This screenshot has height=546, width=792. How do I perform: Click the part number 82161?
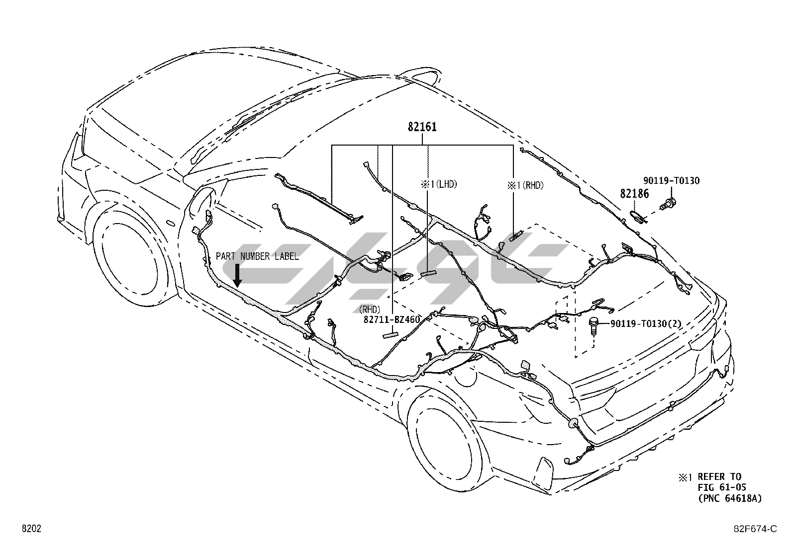(422, 127)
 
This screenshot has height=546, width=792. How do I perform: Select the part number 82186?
(634, 194)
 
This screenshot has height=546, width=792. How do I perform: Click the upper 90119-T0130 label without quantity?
(671, 181)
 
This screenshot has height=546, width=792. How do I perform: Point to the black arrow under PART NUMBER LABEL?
(237, 276)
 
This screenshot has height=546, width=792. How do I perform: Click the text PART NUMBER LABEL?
(257, 256)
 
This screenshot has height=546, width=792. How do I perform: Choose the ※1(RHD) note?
(525, 185)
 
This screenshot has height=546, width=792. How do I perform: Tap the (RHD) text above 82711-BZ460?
(369, 310)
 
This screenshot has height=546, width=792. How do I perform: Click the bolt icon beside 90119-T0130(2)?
(593, 325)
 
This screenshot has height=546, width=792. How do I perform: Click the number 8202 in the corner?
(31, 529)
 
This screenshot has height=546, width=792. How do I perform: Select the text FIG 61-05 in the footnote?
(721, 487)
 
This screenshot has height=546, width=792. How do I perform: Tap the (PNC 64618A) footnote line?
(729, 498)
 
